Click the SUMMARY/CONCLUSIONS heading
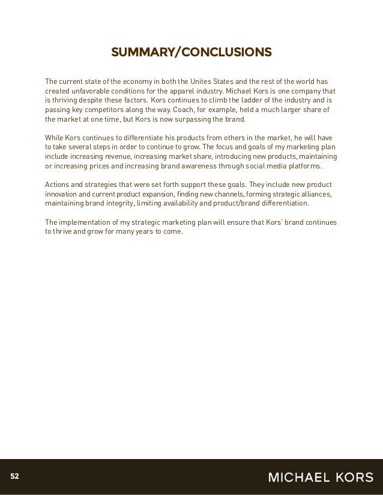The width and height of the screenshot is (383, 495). pos(191,53)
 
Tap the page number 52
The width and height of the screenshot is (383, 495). pos(14,477)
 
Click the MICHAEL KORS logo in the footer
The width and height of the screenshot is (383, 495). pos(321,477)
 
